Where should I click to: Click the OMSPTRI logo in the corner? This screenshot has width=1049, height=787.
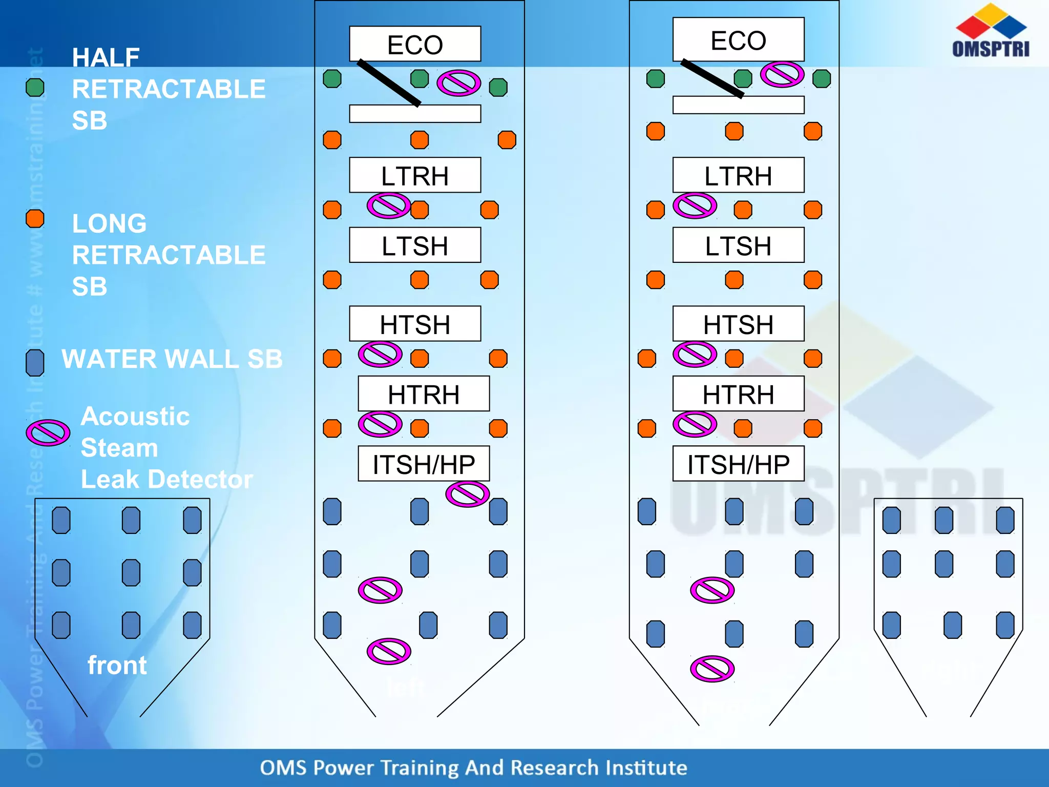(991, 31)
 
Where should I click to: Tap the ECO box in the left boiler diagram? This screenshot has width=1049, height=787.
(415, 44)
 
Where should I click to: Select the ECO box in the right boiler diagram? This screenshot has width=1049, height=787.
(738, 40)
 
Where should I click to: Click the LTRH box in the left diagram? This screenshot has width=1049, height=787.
(415, 175)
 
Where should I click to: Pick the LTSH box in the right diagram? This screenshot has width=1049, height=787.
(738, 245)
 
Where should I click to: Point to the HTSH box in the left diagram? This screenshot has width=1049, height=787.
(415, 324)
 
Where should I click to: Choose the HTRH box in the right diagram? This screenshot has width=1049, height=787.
(738, 394)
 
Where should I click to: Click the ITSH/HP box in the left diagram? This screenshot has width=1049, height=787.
(424, 464)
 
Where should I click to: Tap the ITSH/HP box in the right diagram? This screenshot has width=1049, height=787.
(738, 464)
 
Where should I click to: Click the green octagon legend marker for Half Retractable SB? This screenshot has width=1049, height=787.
(35, 88)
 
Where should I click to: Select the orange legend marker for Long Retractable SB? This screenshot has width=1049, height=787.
(35, 219)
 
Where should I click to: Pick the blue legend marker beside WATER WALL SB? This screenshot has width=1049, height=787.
(35, 363)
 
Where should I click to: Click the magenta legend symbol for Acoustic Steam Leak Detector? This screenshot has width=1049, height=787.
(48, 433)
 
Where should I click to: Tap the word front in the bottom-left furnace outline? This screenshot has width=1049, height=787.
(117, 665)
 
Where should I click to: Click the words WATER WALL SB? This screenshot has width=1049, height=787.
(172, 359)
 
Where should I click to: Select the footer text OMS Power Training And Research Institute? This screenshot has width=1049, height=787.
(473, 768)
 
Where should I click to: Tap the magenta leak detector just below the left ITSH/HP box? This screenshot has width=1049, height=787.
(467, 494)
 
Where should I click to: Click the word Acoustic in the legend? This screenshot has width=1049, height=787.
(135, 416)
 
